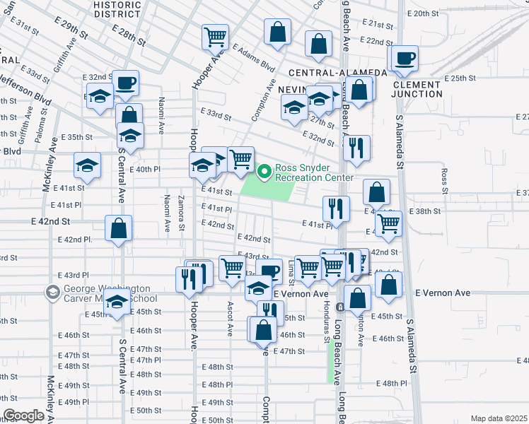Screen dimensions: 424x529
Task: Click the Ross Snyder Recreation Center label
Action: pos(313,173)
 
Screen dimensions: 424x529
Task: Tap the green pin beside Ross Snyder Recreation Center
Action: pos(264,171)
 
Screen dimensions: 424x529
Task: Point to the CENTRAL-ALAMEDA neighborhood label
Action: pos(337,72)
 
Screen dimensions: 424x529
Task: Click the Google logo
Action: pos(23,416)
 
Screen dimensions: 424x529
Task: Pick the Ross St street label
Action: pos(444,181)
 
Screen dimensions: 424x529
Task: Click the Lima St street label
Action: pos(291,273)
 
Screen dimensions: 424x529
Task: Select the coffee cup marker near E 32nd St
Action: pos(126,83)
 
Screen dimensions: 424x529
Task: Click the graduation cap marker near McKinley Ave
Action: pos(88,166)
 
